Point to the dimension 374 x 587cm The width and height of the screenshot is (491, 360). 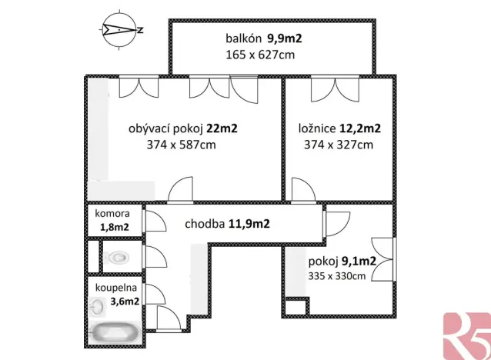(182, 145)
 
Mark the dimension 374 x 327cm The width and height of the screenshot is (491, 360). (338, 145)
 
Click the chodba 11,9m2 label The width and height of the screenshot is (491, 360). (227, 225)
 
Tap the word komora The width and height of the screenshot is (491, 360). (112, 213)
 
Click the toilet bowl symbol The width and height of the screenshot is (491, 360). (118, 257)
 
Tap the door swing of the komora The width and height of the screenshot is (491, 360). (153, 221)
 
